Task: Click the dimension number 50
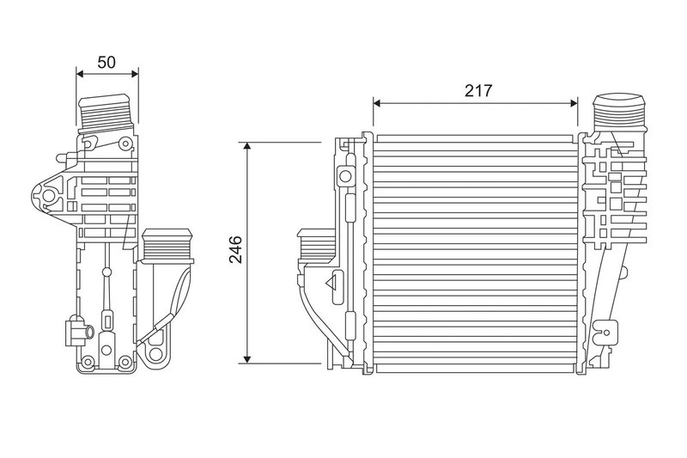(x=107, y=62)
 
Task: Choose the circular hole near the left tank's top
(x=344, y=177)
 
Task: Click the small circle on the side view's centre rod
(x=106, y=273)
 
